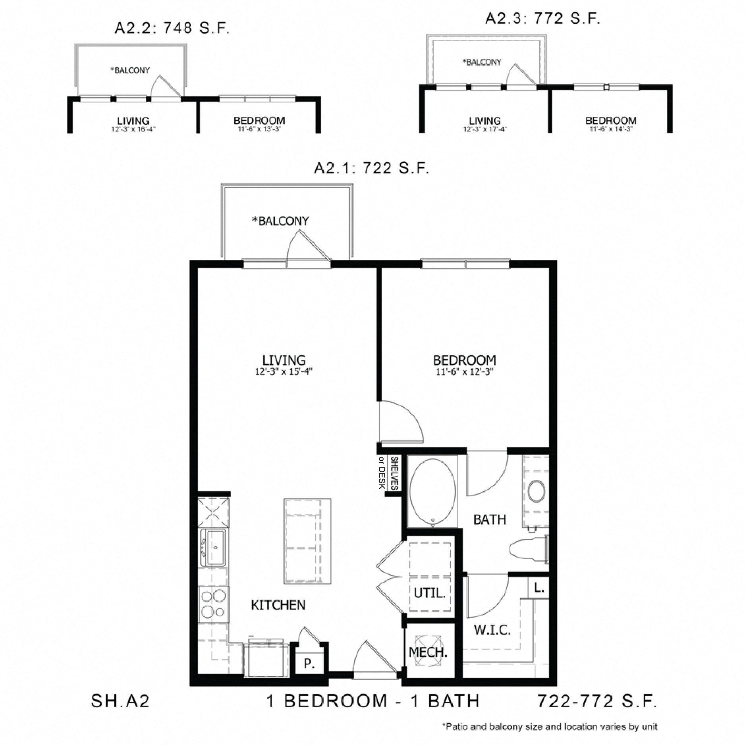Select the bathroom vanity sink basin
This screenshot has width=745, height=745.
[536, 492]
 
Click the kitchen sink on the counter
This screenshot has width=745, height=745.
[214, 547]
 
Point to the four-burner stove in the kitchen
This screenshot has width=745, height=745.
[214, 604]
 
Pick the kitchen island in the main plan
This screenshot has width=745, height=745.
[307, 541]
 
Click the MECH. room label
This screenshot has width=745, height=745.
[428, 652]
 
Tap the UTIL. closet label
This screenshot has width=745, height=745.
[430, 593]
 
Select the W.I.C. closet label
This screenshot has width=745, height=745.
[492, 629]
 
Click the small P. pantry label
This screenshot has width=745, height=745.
[309, 664]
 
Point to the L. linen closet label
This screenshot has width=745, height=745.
[538, 588]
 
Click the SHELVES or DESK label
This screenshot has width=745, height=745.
[388, 473]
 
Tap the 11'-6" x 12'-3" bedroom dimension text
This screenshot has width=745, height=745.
[465, 372]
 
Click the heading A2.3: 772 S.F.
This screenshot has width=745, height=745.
[542, 18]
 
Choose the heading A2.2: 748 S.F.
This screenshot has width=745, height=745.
[172, 28]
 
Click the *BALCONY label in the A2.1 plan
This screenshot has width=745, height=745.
[280, 221]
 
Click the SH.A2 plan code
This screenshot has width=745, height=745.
[120, 701]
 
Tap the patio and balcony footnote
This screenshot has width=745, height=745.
[550, 727]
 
